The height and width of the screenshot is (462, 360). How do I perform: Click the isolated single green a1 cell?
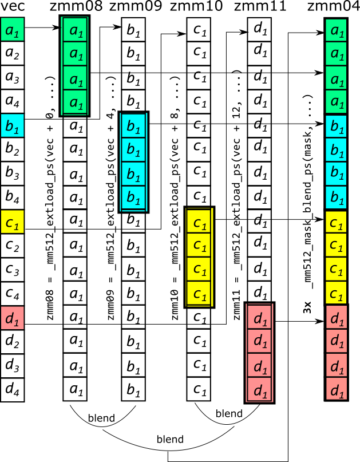pyautogui.click(x=12, y=29)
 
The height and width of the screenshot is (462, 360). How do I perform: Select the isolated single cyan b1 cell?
pyautogui.click(x=12, y=125)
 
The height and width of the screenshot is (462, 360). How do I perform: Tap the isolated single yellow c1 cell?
pyautogui.click(x=12, y=222)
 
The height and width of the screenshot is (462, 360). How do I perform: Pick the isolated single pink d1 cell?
pyautogui.click(x=12, y=318)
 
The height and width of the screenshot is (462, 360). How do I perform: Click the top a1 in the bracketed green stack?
pyautogui.click(x=75, y=29)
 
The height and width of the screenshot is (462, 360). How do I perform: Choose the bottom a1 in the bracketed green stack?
pyautogui.click(x=75, y=102)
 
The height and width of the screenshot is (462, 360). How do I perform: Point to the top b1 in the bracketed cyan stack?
pyautogui.click(x=133, y=125)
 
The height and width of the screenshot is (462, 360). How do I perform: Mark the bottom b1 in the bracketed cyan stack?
pyautogui.click(x=133, y=198)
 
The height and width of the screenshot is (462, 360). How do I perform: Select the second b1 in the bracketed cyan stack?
pyautogui.click(x=133, y=149)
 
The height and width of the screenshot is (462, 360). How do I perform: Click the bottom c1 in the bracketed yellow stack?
pyautogui.click(x=199, y=294)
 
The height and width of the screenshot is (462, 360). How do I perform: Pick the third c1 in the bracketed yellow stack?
pyautogui.click(x=199, y=270)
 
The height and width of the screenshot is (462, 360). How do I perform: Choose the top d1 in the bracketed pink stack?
pyautogui.click(x=259, y=318)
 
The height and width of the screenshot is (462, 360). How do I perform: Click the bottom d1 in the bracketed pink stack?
pyautogui.click(x=259, y=390)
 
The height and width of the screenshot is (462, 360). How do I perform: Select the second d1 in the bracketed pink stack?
pyautogui.click(x=259, y=342)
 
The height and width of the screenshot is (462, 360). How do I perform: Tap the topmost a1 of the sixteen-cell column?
pyautogui.click(x=336, y=30)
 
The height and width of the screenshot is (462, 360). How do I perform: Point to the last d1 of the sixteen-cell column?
pyautogui.click(x=336, y=389)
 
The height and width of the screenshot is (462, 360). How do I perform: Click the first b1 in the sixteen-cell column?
pyautogui.click(x=336, y=125)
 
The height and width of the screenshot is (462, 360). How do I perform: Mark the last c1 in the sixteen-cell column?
pyautogui.click(x=336, y=293)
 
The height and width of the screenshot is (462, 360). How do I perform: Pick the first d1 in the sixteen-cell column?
pyautogui.click(x=336, y=317)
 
